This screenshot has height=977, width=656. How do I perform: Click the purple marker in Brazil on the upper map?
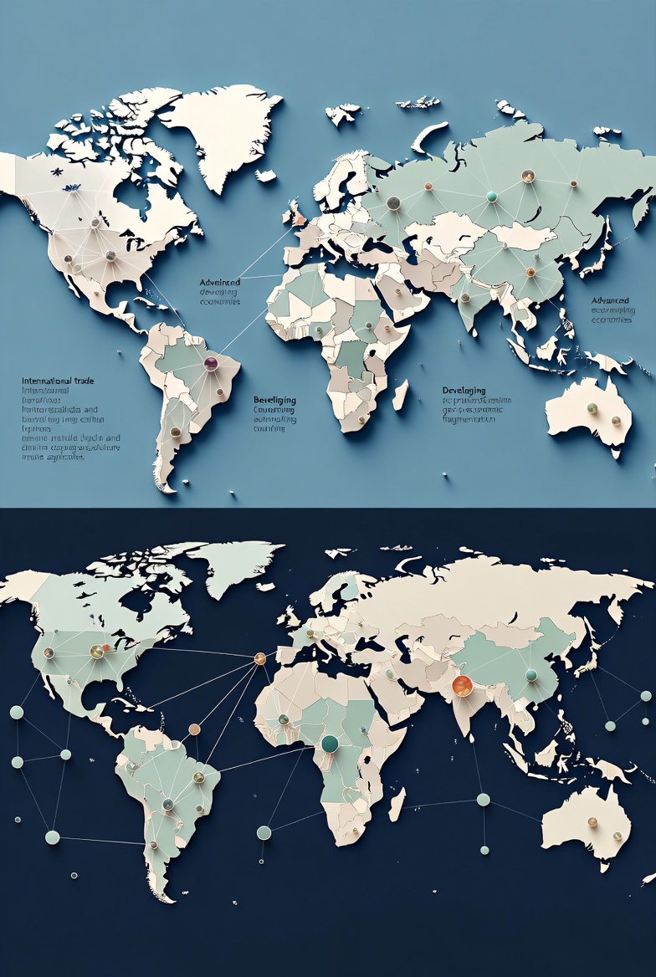(211, 363)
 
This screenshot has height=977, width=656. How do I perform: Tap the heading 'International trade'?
(58, 381)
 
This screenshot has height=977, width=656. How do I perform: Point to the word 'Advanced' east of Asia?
(610, 300)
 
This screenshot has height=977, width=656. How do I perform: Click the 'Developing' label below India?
(464, 391)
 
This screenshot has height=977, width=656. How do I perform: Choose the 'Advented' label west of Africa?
(220, 283)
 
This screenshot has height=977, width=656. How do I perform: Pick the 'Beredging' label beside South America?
(274, 401)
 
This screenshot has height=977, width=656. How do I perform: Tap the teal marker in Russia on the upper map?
(491, 197)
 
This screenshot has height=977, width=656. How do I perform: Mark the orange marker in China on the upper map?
(530, 272)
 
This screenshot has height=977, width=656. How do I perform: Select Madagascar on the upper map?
(400, 394)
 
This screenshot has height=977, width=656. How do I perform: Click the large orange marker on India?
(461, 686)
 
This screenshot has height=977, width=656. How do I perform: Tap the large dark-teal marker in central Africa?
(330, 743)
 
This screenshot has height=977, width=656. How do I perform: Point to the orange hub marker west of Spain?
(259, 658)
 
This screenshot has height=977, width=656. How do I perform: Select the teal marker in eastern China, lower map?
(530, 675)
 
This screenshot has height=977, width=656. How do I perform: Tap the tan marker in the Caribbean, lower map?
(194, 729)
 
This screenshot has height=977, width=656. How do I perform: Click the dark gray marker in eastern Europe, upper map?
(393, 202)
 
